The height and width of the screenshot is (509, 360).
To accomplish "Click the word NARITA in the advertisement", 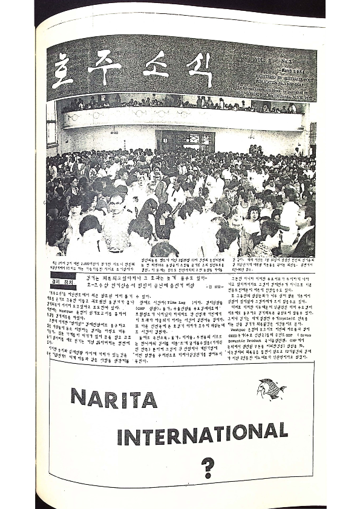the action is tap(113, 399).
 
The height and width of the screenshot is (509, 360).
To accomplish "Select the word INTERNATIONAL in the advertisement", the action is tap(202, 435).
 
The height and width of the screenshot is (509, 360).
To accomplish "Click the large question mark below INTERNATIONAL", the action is tap(209, 467).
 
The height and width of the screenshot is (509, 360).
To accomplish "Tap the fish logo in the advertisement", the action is tap(270, 388).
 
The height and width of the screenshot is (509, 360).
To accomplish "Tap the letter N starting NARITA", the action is tap(78, 400).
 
